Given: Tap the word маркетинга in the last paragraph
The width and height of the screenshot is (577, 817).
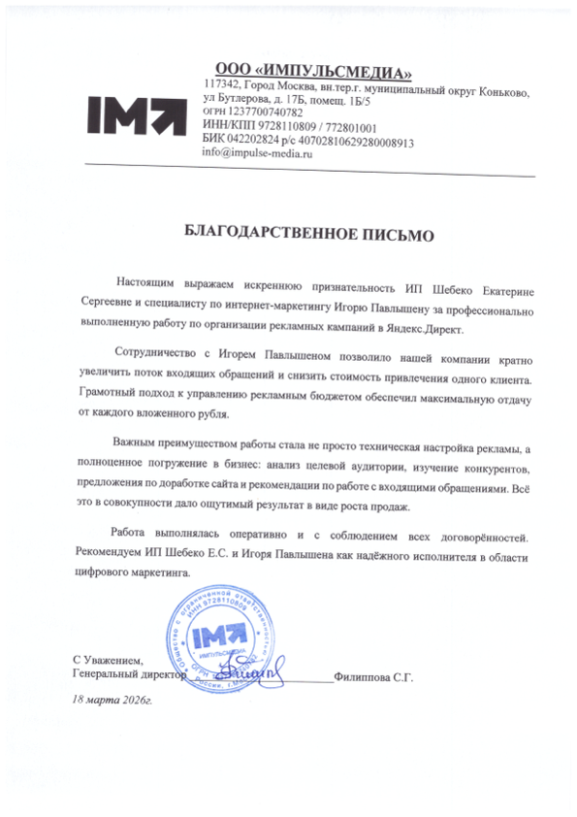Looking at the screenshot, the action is (148, 572).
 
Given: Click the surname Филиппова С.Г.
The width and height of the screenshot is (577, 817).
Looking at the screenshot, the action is (373, 677).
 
